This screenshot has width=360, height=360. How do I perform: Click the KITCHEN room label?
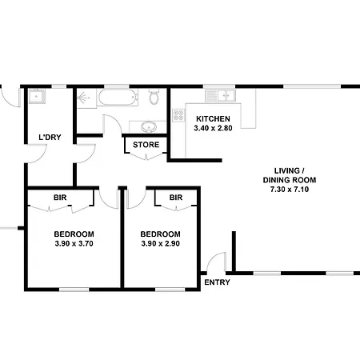click(213, 118)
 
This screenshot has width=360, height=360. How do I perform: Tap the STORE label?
click(146, 145)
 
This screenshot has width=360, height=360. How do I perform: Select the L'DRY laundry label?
click(50, 138)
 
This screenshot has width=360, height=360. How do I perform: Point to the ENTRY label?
click(217, 282)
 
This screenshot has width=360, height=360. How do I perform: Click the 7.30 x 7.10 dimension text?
click(290, 190)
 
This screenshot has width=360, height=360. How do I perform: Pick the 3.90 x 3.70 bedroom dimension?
click(74, 243)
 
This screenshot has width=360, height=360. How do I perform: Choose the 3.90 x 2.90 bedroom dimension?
click(160, 243)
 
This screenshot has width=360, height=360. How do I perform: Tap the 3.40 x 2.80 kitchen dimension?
click(213, 128)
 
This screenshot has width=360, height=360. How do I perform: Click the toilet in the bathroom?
click(154, 96)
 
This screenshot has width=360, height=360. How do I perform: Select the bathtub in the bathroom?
click(118, 97)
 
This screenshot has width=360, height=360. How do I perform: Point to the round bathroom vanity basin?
click(148, 126)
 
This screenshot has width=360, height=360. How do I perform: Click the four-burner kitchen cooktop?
click(178, 115)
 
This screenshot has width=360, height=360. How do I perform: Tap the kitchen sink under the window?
click(221, 95)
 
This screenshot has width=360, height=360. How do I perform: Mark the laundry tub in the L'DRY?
click(37, 96)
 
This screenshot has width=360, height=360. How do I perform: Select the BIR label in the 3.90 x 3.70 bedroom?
click(60, 198)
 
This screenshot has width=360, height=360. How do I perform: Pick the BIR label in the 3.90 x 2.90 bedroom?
click(176, 198)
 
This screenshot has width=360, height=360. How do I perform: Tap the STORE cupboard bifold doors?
click(146, 156)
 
